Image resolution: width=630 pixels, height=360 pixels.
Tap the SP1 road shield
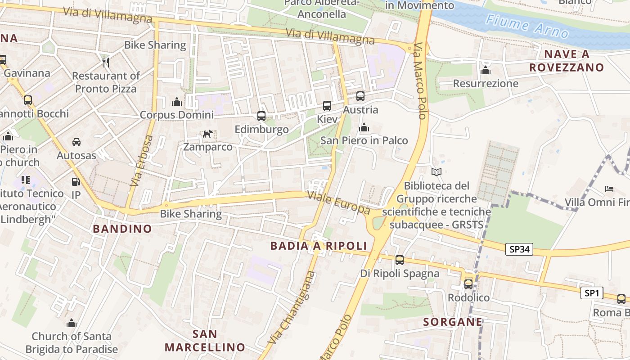[591, 293]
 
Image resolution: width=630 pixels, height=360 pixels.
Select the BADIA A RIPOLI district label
[319, 246]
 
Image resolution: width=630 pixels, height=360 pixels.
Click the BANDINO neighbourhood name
[122, 229]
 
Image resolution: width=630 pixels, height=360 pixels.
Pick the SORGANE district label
[453, 322]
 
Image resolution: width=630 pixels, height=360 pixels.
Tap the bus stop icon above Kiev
[327, 106]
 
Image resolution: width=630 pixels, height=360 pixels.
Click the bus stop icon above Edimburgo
[261, 116]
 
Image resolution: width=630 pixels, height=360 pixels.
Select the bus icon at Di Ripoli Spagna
[400, 260]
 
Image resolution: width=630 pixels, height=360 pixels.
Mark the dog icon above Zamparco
[207, 134]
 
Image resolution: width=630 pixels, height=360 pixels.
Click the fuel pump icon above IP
[76, 182]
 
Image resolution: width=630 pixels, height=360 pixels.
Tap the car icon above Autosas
[76, 142]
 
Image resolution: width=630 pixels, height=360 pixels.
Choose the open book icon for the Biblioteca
[436, 172]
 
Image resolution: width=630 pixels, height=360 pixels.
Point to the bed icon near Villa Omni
[609, 189]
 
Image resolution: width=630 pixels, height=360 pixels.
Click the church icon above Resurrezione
[486, 70]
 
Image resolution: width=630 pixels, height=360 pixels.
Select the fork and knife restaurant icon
[106, 62]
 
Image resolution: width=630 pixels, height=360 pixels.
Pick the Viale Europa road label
[338, 203]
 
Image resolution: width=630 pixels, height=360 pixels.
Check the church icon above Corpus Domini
[177, 102]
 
